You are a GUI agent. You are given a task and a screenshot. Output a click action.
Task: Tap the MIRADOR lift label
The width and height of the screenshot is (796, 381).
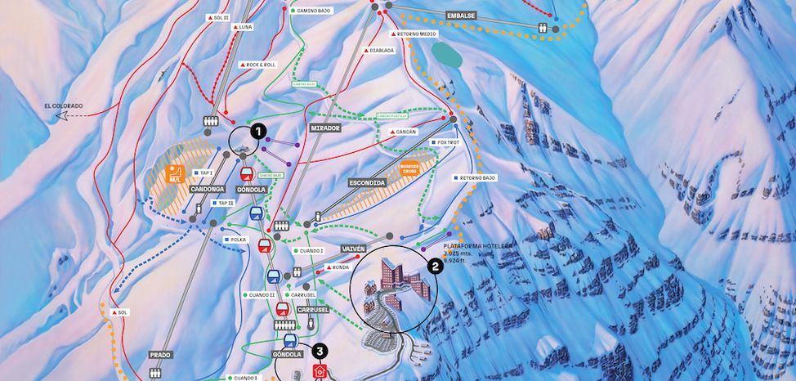[x=324, y=128]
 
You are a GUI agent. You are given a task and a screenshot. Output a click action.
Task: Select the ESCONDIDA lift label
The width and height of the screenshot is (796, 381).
[x=365, y=182]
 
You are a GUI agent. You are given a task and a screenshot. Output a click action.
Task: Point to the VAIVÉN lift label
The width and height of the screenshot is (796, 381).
[x=349, y=247]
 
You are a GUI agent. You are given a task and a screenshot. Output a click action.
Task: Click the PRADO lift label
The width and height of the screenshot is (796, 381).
[x=160, y=355]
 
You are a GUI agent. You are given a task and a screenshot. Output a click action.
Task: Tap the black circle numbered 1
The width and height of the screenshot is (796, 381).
[x=258, y=130]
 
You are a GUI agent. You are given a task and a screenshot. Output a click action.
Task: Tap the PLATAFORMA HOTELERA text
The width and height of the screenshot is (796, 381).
[x=477, y=244]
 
